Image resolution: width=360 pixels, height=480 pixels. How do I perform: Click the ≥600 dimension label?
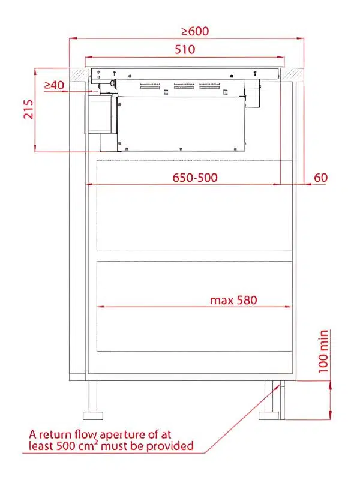(196, 31)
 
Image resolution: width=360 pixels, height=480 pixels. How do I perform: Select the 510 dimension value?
(185, 49)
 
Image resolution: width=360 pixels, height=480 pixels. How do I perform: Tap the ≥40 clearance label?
(54, 85)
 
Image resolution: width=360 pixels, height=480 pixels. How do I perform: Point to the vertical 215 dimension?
(28, 109)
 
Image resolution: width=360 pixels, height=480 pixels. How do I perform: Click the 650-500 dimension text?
(195, 178)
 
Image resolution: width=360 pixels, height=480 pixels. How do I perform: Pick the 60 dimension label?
(320, 178)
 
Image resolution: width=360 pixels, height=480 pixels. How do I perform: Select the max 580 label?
(233, 300)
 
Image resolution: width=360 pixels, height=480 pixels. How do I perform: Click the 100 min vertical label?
(323, 352)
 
